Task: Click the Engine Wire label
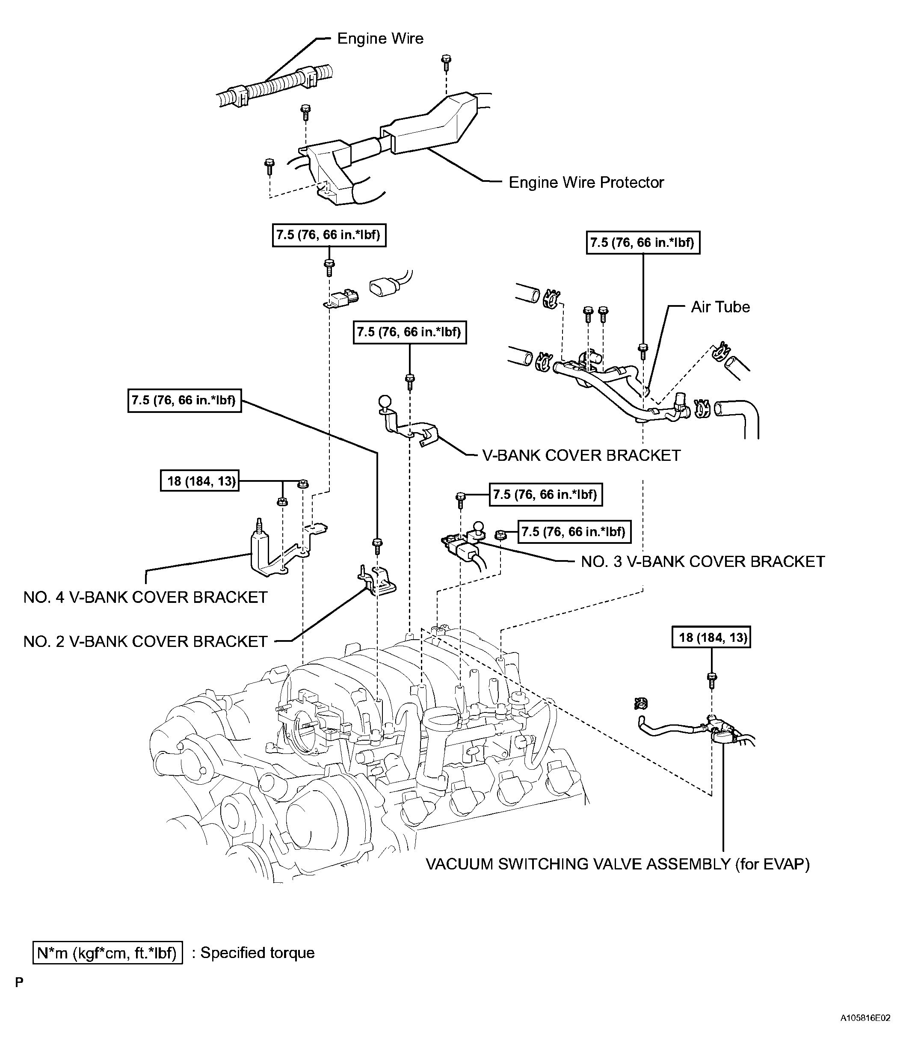click(380, 39)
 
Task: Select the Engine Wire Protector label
click(586, 182)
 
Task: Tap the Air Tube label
click(720, 307)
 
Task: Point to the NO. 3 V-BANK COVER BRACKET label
click(703, 561)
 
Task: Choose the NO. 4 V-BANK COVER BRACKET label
click(145, 597)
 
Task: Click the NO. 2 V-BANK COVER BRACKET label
click(145, 641)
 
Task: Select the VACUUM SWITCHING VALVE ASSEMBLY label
click(617, 864)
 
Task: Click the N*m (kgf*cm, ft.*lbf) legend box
click(107, 952)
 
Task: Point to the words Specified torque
click(258, 953)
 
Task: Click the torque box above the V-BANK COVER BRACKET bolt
click(409, 332)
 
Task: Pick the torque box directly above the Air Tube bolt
click(643, 243)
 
